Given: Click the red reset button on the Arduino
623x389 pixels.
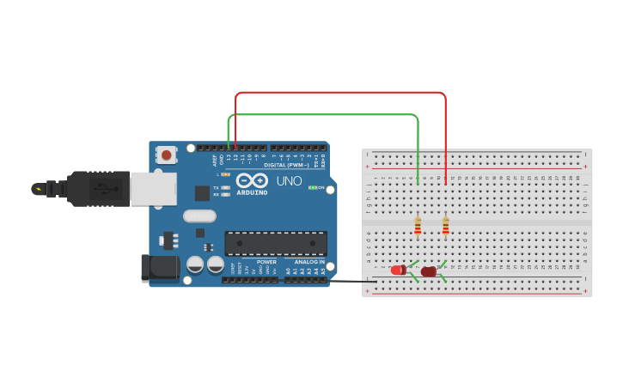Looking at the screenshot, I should click(166, 155).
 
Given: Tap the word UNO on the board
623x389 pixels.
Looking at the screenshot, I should click(289, 181).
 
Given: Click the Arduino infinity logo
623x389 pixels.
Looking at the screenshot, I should click(252, 181).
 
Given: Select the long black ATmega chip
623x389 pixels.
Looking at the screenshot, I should click(276, 243).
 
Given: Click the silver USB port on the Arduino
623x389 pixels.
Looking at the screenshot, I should click(153, 188).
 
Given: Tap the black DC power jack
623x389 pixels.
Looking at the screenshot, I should click(161, 268).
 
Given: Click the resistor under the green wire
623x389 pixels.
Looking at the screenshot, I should click(418, 226).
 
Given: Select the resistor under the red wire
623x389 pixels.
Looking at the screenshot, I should click(445, 226).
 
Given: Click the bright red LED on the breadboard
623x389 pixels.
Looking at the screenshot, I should click(398, 270).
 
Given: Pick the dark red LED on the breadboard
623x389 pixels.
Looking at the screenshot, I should click(428, 271).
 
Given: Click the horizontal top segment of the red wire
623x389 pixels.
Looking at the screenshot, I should click(340, 92).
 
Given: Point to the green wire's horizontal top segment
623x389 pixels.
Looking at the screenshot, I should click(323, 114).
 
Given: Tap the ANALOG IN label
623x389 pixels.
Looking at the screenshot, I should click(309, 262).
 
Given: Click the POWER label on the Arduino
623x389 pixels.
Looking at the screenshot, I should click(266, 262).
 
